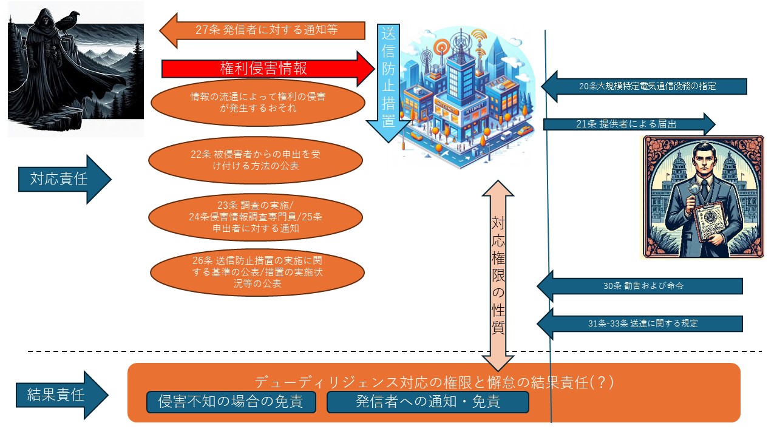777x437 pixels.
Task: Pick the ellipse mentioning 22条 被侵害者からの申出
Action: point(255,160)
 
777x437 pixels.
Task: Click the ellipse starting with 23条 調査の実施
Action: point(255,217)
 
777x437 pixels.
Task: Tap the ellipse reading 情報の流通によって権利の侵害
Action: point(257,102)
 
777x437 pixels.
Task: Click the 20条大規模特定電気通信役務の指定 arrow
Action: point(643,86)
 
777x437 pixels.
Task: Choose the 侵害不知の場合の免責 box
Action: point(231,402)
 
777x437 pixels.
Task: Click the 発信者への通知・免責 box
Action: point(427,402)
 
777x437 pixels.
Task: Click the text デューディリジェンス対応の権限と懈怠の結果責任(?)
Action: point(434,382)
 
